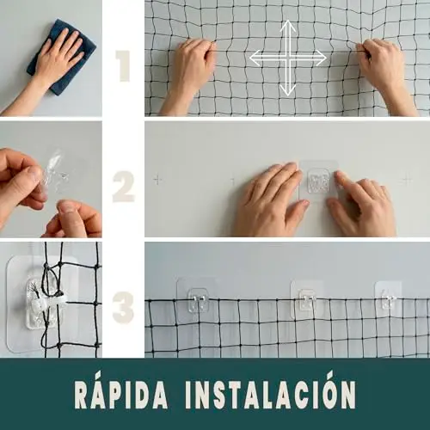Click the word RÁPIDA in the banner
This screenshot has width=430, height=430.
pos(121,393)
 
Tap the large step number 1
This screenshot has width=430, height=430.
pos(124,66)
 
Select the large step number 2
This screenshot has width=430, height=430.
pos(124,187)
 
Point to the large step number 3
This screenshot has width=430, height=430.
pos(124,307)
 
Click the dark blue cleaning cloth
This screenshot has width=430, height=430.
pos(61,58)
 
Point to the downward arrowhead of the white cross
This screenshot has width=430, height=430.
pos(287,89)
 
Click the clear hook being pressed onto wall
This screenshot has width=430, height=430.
pos(319,181)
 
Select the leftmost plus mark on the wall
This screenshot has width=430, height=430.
pos(157,180)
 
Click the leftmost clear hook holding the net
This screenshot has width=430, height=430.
pos(198,299)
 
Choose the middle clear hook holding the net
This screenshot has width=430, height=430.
pos(307,300)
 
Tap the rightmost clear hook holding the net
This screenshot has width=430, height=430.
pos(389,299)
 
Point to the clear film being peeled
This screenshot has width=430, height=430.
pos(56,172)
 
